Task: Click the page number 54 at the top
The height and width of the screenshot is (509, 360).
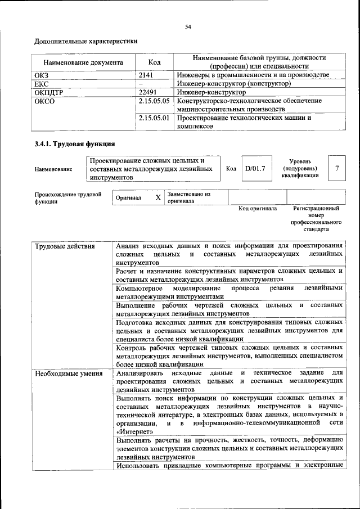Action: pos(188,26)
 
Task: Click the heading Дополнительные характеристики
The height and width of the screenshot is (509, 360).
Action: pos(86,41)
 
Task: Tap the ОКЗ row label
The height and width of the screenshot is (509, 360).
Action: pos(43,75)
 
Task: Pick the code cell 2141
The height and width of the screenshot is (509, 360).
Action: pos(147,75)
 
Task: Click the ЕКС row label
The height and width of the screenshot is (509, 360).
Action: pos(42,83)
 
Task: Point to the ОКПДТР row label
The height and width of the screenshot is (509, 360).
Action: pos(49,92)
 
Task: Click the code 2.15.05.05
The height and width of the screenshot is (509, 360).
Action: pos(154,100)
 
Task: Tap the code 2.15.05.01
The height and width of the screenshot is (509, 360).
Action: pos(154,118)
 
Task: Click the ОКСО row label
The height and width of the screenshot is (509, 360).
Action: pos(44,100)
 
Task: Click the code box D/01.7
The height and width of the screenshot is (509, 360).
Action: pos(255,168)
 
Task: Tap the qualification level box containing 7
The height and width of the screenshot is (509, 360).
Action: pos(336,168)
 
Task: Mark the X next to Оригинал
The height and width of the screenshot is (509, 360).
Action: pos(158,198)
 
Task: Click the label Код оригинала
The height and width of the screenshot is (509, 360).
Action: pos(257,209)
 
